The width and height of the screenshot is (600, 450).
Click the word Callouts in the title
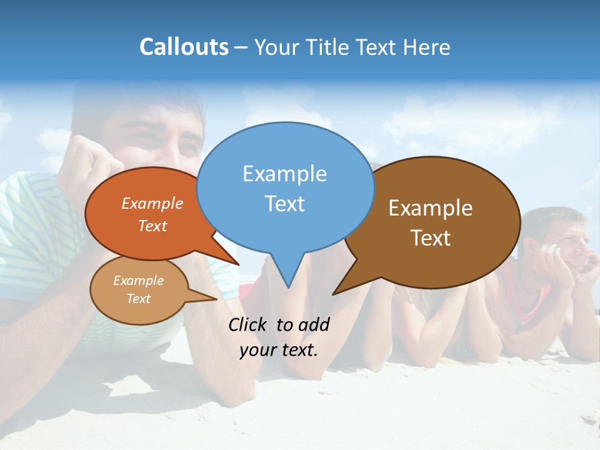point(184,47)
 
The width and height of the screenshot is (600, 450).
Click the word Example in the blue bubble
point(284,174)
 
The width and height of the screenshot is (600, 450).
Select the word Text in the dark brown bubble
point(431,238)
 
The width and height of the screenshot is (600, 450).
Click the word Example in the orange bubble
point(152,203)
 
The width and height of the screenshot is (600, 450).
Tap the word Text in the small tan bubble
point(138,299)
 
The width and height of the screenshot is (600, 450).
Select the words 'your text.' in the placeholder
point(279,350)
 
